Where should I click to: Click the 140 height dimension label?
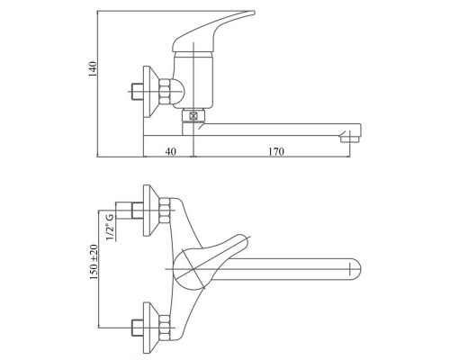pyautogui.click(x=93, y=69)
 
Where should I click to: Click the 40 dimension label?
pyautogui.click(x=170, y=151)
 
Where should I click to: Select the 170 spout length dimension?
pyautogui.click(x=276, y=151)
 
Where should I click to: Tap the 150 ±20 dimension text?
pyautogui.click(x=94, y=262)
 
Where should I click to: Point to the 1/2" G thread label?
pyautogui.click(x=110, y=227)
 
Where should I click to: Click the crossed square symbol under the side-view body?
pyautogui.click(x=193, y=115)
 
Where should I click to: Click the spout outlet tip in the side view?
pyautogui.click(x=350, y=139)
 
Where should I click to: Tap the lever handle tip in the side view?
pyautogui.click(x=253, y=13)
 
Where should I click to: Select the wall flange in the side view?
pyautogui.click(x=150, y=92)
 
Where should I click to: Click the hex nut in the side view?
pyautogui.click(x=165, y=92)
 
